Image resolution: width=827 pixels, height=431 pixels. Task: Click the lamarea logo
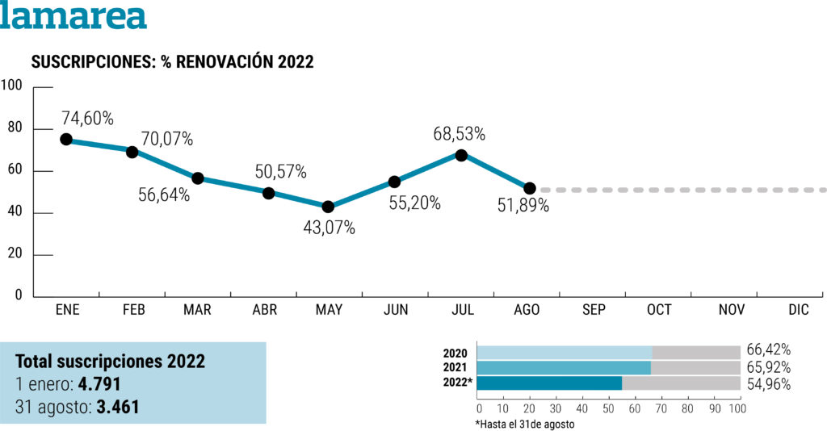tap(73, 15)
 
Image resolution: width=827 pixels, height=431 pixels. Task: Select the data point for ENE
tap(66, 140)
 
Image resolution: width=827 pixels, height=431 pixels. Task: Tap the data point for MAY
tap(329, 207)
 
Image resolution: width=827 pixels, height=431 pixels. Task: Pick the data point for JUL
tap(461, 155)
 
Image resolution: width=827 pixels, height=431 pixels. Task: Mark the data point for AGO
tap(530, 189)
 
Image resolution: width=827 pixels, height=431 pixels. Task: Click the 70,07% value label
tap(167, 139)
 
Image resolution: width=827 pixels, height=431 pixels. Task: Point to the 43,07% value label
tap(329, 228)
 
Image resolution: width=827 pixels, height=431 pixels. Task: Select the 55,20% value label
tap(414, 203)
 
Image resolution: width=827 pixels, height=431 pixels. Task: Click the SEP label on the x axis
tap(594, 310)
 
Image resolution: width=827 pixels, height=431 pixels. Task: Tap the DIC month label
tap(798, 310)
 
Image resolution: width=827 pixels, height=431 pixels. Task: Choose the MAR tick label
tap(197, 310)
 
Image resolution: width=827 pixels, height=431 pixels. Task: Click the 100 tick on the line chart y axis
tap(10, 86)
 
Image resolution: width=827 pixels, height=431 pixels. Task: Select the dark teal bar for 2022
tap(550, 383)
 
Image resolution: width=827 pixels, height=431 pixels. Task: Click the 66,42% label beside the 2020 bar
tap(769, 349)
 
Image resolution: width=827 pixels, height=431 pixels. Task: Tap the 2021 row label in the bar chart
tap(455, 367)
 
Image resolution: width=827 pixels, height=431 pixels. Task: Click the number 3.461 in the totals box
tap(117, 407)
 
